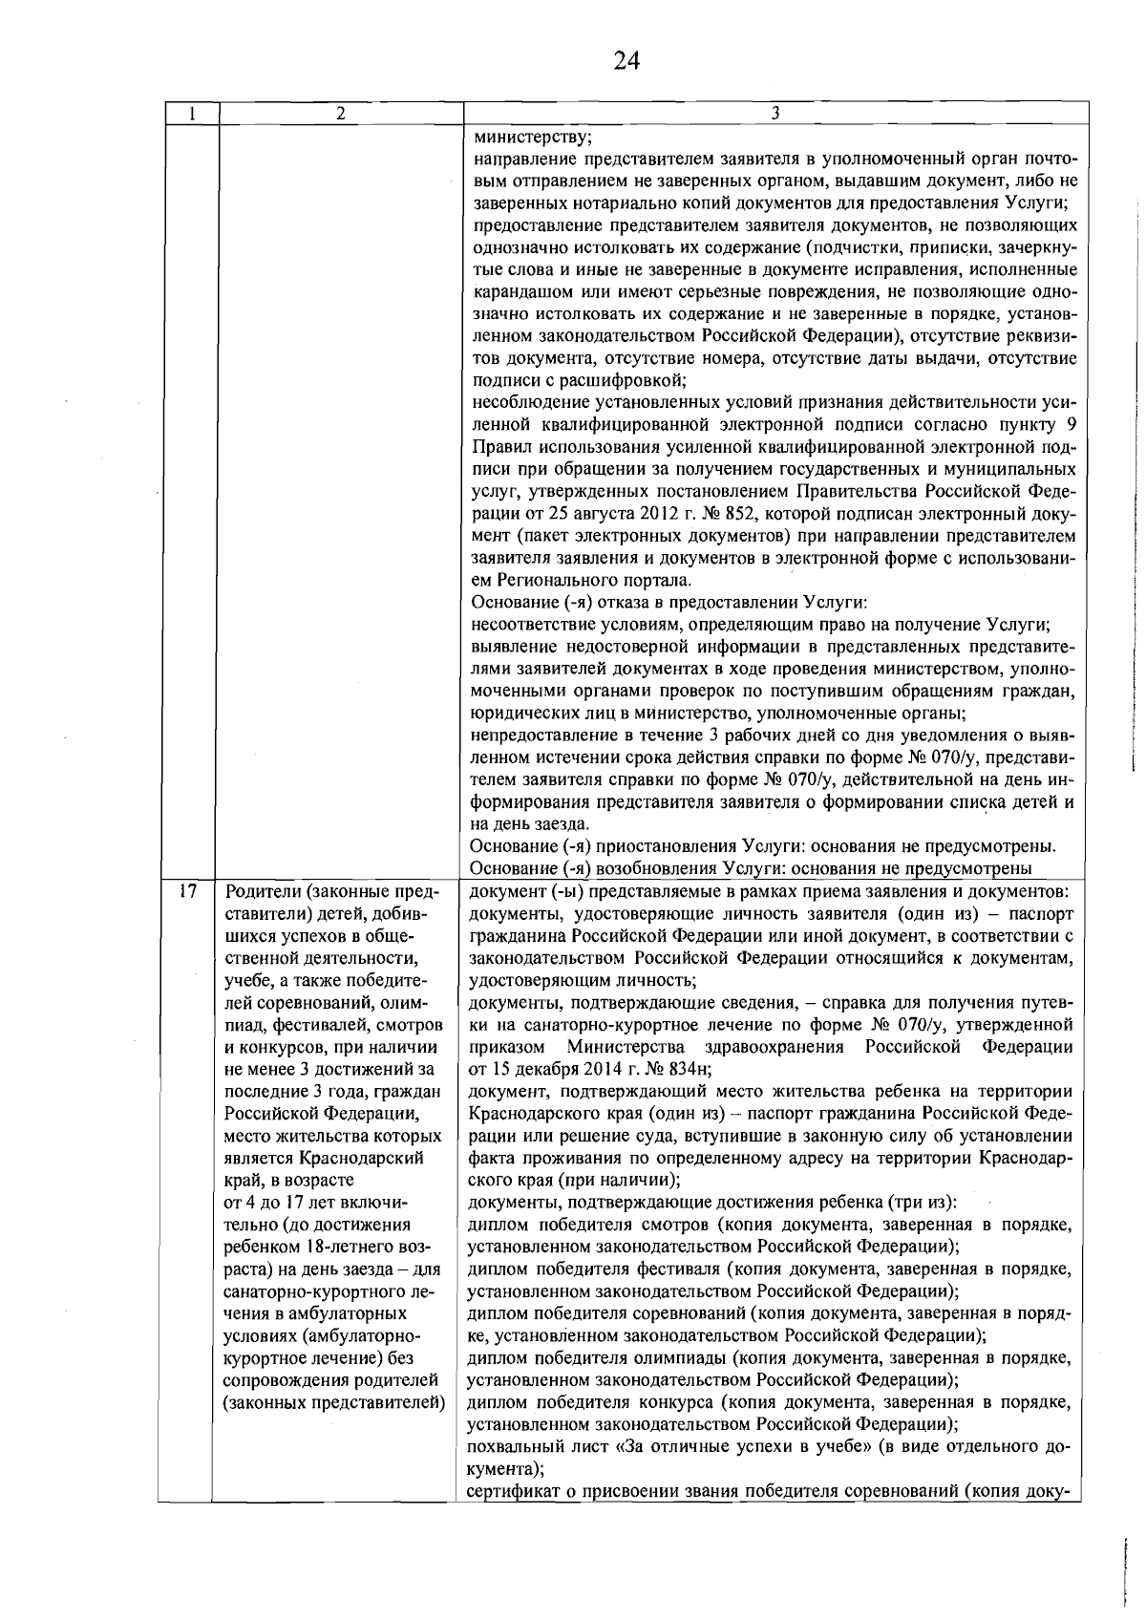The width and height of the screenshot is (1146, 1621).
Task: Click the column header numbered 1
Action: tap(192, 113)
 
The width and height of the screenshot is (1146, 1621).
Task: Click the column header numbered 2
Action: tap(341, 113)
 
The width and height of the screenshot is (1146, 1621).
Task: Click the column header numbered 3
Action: tap(775, 113)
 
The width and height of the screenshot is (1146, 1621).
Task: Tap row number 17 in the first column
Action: tap(188, 891)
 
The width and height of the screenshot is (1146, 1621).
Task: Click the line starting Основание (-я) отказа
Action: tap(668, 603)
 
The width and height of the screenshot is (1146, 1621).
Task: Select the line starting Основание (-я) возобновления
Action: tap(753, 868)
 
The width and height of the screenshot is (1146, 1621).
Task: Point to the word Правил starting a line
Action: tap(502, 446)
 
